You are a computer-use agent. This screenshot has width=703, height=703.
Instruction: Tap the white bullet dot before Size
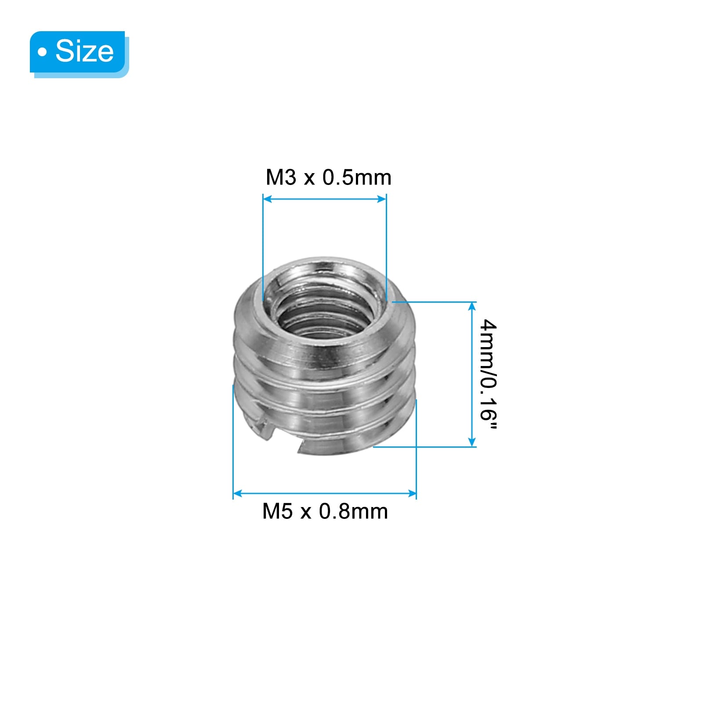pos(42,53)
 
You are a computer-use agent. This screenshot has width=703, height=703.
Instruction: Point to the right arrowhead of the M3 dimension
pos(381,199)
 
